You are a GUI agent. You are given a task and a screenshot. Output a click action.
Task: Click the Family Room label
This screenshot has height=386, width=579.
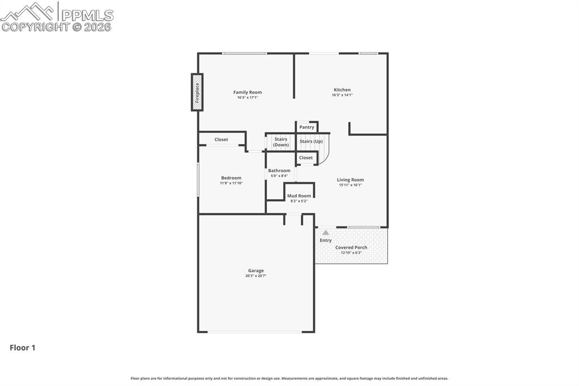(248, 92)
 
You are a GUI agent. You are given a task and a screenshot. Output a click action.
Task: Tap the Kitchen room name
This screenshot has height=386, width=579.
(342, 89)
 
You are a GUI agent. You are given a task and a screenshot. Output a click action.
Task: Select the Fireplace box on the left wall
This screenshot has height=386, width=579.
(197, 92)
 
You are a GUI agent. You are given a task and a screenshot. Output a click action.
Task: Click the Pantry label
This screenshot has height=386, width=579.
(306, 127)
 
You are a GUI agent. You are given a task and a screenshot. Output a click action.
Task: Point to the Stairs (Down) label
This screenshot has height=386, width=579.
(280, 142)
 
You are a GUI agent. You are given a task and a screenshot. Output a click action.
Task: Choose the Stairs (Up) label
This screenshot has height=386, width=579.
(311, 141)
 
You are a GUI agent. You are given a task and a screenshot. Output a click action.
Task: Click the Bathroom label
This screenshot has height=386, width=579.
(279, 170)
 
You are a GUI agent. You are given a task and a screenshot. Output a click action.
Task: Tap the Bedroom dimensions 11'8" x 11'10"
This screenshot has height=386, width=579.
(231, 183)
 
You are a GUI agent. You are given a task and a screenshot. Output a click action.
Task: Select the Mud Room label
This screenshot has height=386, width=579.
(299, 196)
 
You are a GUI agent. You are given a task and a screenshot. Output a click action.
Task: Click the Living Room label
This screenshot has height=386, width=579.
(350, 180)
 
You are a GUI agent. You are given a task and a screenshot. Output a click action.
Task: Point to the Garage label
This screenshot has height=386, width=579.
(256, 271)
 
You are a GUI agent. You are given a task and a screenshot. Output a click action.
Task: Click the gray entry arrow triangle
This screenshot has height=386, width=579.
(326, 232)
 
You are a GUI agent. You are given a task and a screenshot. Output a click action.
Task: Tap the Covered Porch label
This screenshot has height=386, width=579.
(351, 247)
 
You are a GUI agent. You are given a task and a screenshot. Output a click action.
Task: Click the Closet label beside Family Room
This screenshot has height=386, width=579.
(221, 140)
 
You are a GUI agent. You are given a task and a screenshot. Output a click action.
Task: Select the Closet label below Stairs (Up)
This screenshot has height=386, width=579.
(306, 158)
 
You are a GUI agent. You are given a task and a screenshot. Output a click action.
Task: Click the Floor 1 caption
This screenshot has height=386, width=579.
(23, 348)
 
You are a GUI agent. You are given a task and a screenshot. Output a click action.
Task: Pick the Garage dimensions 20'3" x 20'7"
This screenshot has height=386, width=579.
(256, 276)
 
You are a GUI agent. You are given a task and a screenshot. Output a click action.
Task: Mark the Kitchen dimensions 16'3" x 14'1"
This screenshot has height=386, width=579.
(342, 95)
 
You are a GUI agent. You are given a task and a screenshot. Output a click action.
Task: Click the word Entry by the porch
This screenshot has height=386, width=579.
(326, 241)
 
